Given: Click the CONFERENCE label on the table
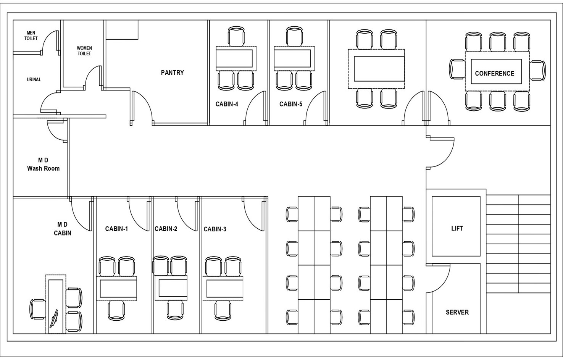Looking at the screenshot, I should pyautogui.click(x=494, y=73).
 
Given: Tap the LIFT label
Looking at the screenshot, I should pyautogui.click(x=457, y=228).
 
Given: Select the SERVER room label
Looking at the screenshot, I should pyautogui.click(x=457, y=312).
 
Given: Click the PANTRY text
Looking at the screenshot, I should pyautogui.click(x=172, y=73).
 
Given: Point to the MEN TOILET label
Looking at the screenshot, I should pyautogui.click(x=31, y=36).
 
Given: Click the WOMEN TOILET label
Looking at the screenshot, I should pyautogui.click(x=84, y=51).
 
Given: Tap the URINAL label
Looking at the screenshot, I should pyautogui.click(x=34, y=79).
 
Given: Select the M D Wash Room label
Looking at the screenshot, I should pyautogui.click(x=43, y=164).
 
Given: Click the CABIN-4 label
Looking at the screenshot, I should pyautogui.click(x=227, y=104).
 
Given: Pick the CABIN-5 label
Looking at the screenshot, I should pyautogui.click(x=290, y=104).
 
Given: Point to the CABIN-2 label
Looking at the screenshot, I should pyautogui.click(x=166, y=229).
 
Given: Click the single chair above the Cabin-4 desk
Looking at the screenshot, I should pyautogui.click(x=236, y=37).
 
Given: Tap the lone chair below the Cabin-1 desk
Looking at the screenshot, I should pyautogui.click(x=116, y=310).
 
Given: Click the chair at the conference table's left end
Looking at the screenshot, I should pyautogui.click(x=457, y=69).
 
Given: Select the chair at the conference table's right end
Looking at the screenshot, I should pyautogui.click(x=538, y=70).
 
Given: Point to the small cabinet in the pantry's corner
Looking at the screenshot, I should pyautogui.click(x=122, y=30).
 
